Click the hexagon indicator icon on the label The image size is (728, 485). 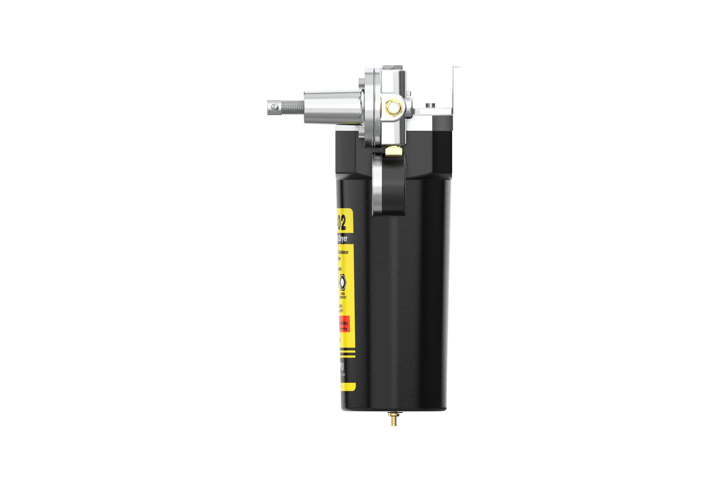coord(342,282)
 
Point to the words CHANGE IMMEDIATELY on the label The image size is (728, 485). coord(343,295)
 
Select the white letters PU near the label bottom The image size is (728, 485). coord(341,368)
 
